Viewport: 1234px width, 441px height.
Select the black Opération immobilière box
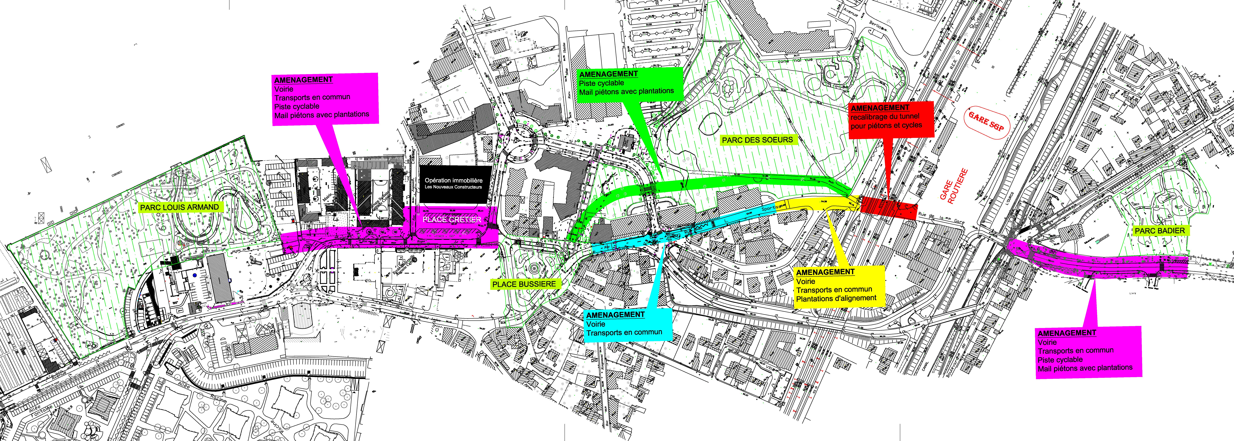[x=455, y=184]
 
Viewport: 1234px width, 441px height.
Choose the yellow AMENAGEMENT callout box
[x=839, y=286]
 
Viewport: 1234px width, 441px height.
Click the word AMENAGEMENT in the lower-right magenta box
[x=1067, y=333]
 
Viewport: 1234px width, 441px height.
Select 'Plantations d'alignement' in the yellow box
[x=836, y=298]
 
